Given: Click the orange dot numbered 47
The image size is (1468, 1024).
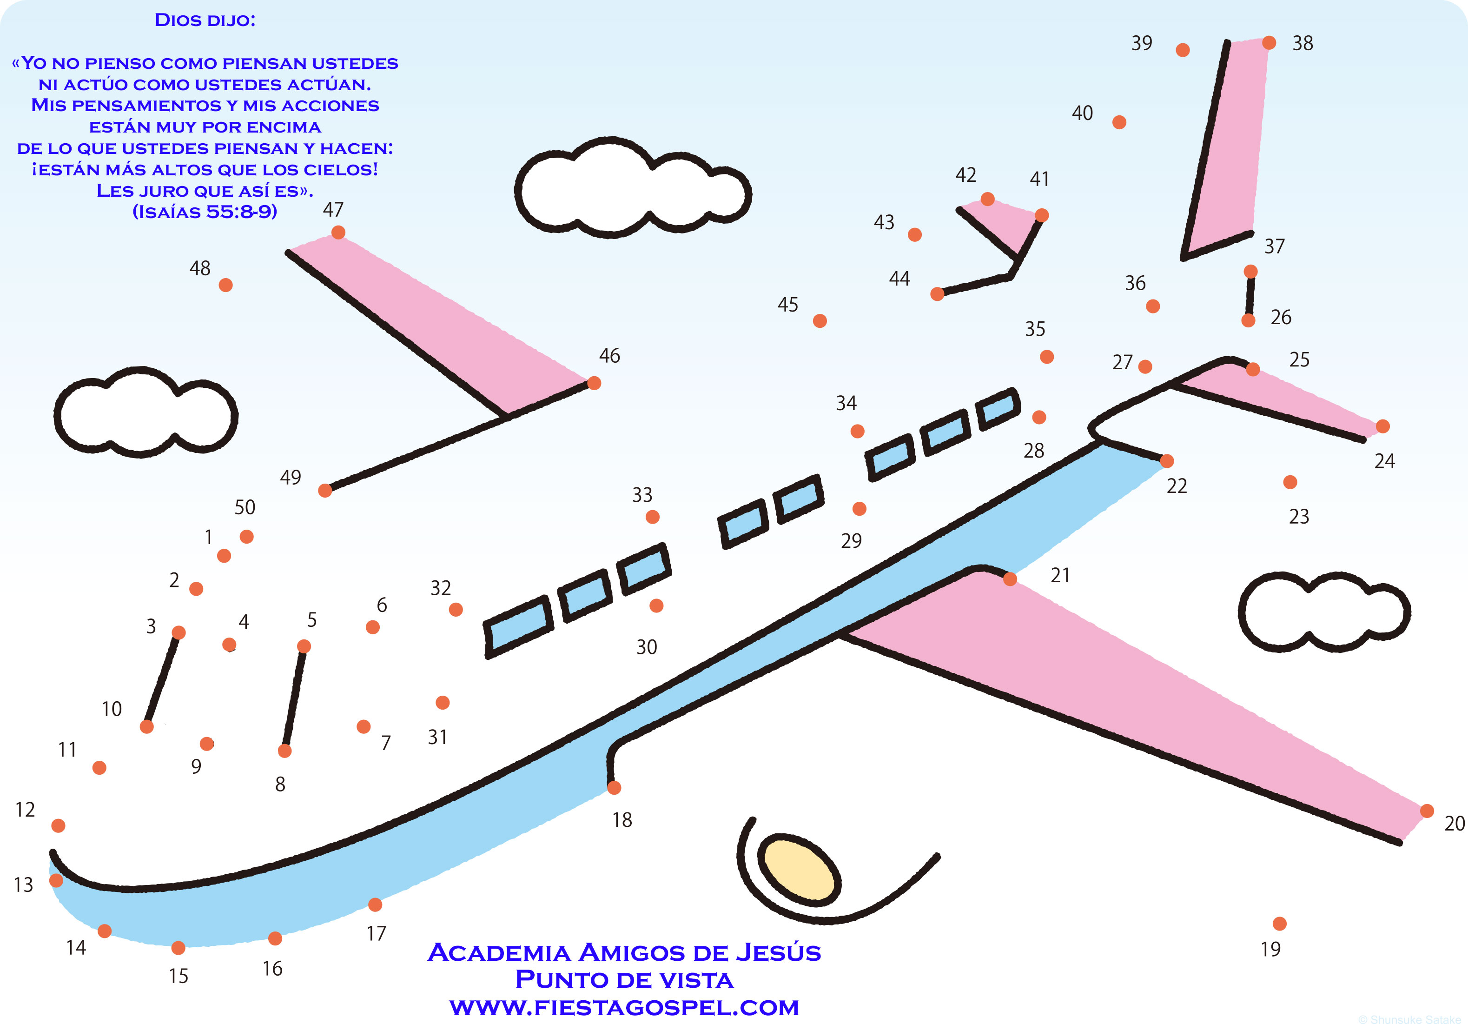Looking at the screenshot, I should tap(338, 232).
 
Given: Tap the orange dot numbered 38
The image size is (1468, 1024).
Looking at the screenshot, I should tap(1269, 43).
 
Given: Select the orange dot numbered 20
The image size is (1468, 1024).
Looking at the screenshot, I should tap(1427, 811).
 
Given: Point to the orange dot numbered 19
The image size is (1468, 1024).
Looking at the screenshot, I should tap(1279, 924).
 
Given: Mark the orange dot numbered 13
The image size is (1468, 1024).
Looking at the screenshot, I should tap(56, 881).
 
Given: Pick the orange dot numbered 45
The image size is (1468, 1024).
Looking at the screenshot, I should tap(820, 320).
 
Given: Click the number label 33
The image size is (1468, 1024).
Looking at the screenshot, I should tap(642, 494).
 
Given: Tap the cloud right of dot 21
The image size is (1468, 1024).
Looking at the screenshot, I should tap(1323, 612).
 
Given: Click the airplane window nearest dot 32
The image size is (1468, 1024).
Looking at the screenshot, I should tap(518, 626).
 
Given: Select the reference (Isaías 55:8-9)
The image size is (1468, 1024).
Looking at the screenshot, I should tap(205, 212).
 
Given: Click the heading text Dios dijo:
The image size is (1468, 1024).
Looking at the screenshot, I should tap(205, 20).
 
